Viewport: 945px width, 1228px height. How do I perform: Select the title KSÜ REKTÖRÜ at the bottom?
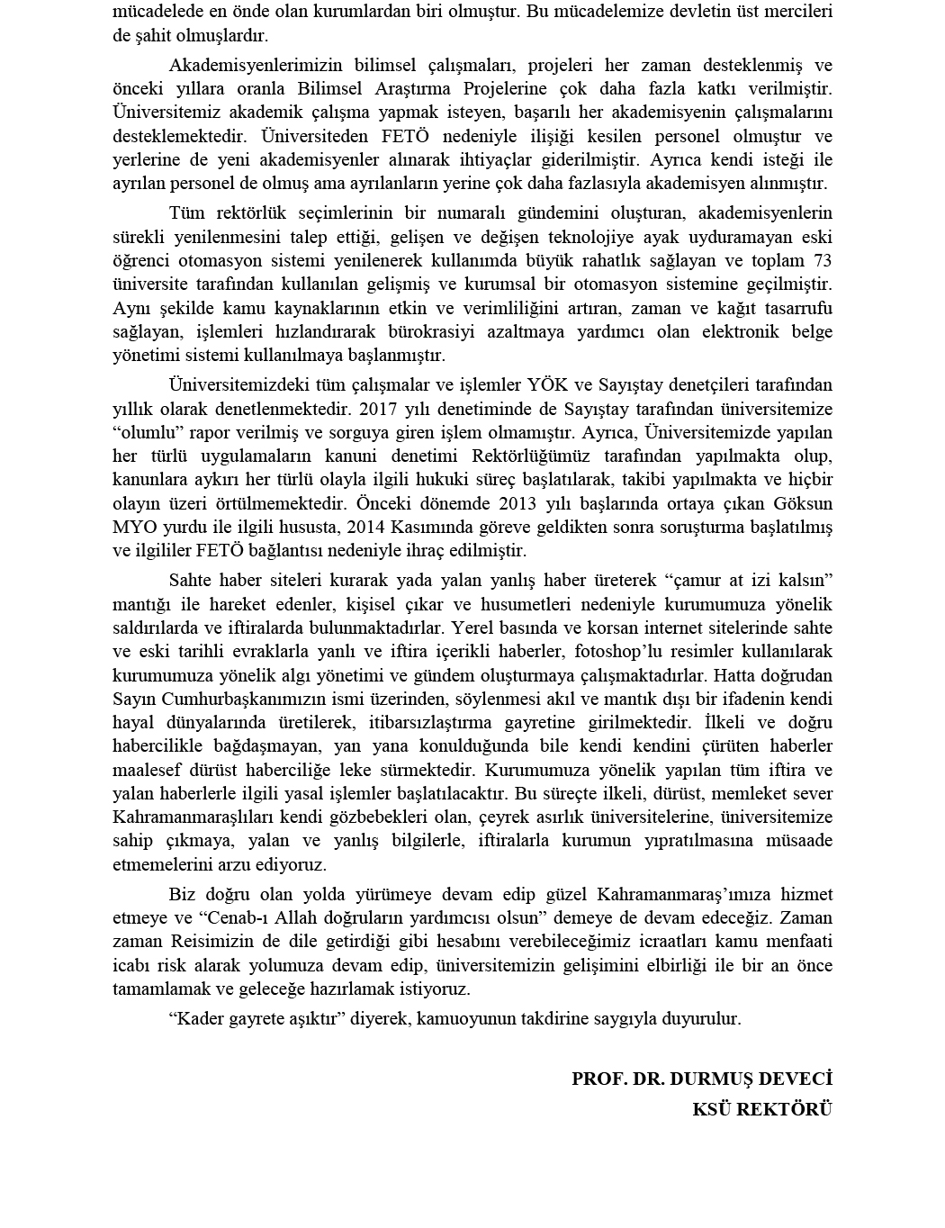coord(762,1108)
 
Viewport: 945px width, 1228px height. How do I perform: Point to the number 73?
coord(822,260)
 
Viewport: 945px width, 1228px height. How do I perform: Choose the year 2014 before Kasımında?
coord(369,526)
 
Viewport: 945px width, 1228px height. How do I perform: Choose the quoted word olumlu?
coord(145,431)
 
